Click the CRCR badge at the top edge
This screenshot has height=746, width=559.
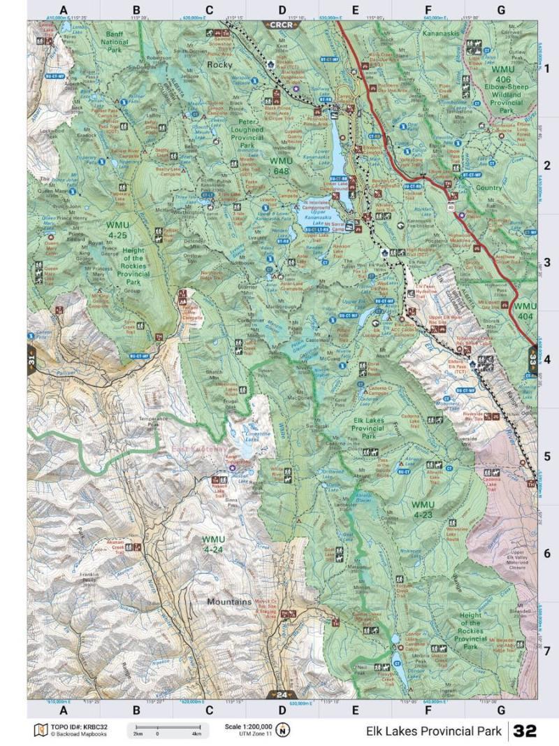click(282, 24)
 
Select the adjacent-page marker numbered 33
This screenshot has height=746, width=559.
click(532, 359)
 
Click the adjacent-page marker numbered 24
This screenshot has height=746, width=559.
click(281, 694)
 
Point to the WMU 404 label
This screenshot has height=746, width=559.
click(525, 311)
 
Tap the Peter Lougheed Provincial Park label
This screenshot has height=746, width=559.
click(247, 133)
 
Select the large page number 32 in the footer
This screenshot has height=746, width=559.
click(525, 731)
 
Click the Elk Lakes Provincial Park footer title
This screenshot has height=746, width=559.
click(433, 731)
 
